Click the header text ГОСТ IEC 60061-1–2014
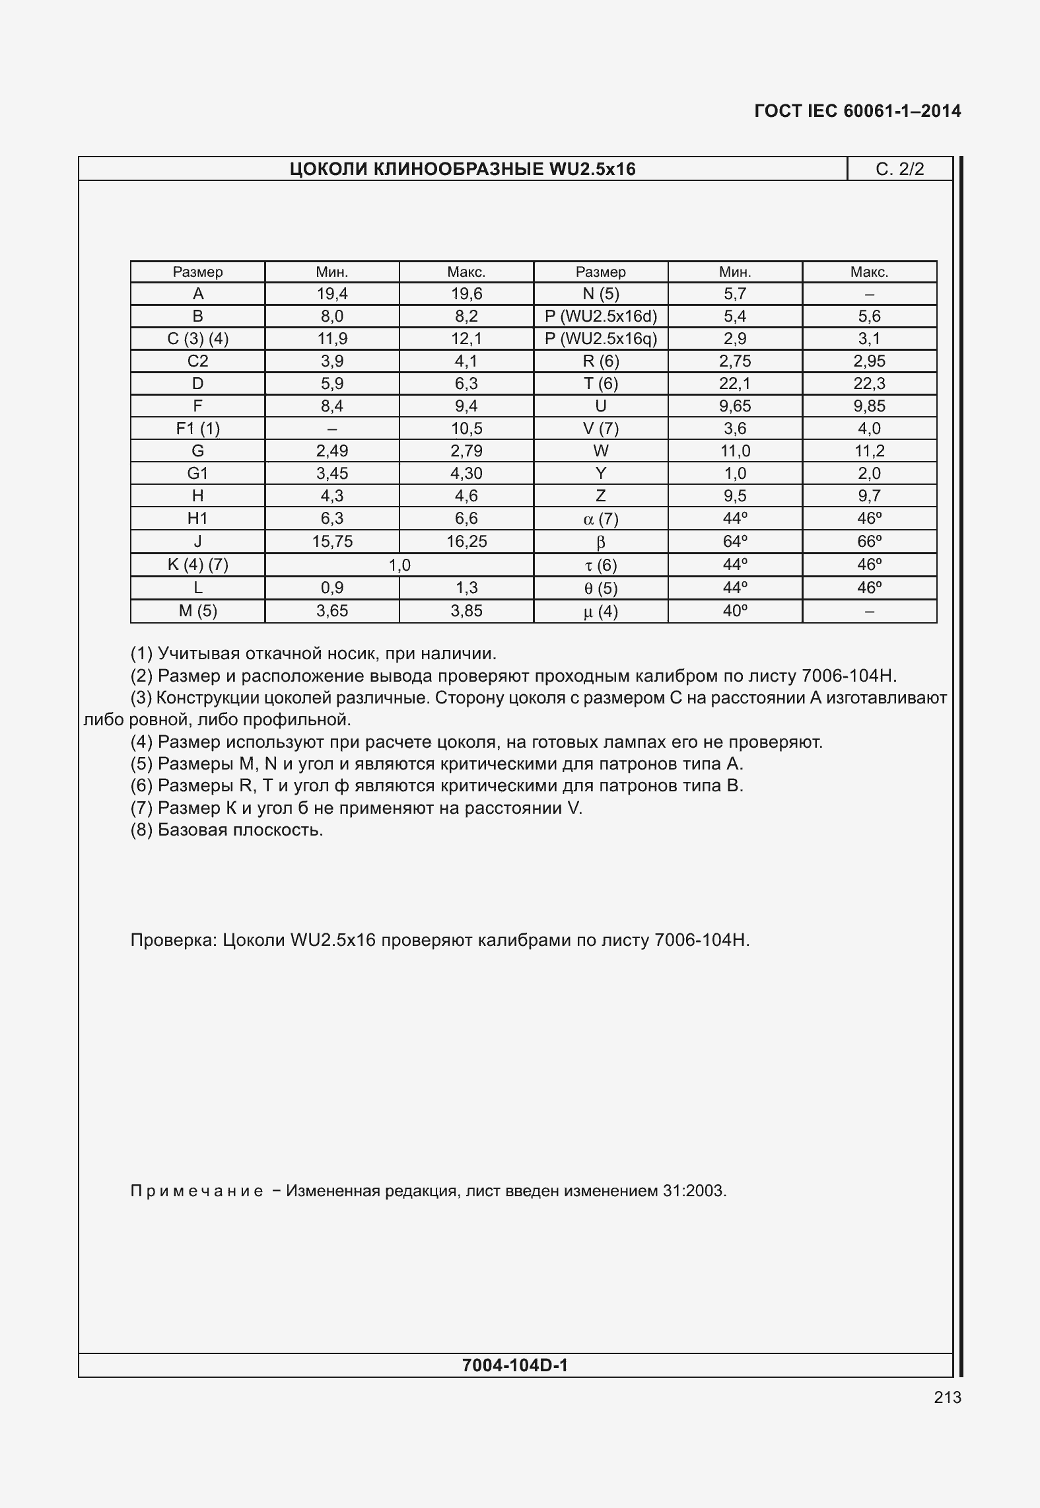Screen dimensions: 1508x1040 pyautogui.click(x=857, y=111)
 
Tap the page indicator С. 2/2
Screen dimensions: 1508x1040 pyautogui.click(x=899, y=169)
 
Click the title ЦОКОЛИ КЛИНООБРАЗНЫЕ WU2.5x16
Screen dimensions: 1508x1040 pyautogui.click(x=462, y=169)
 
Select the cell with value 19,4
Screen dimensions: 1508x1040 pyautogui.click(x=331, y=294)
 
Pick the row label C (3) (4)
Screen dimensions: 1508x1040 pyautogui.click(x=197, y=339)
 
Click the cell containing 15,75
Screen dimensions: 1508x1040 pyautogui.click(x=331, y=542)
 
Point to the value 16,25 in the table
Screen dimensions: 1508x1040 pyautogui.click(x=466, y=542)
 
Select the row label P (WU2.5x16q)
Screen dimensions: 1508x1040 pyautogui.click(x=600, y=339)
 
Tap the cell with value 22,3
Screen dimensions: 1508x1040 pyautogui.click(x=869, y=384)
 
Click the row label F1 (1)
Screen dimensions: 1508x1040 pyautogui.click(x=197, y=429)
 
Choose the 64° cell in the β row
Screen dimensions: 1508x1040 pyautogui.click(x=734, y=542)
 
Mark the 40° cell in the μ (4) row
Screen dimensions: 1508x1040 pyautogui.click(x=734, y=611)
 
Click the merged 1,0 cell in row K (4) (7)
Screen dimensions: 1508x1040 pyautogui.click(x=399, y=565)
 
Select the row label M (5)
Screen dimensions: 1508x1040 pyautogui.click(x=197, y=611)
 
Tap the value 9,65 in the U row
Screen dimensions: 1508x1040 pyautogui.click(x=734, y=406)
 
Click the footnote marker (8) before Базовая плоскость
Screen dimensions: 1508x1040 pyautogui.click(x=142, y=830)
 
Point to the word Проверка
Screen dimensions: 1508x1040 pyautogui.click(x=173, y=940)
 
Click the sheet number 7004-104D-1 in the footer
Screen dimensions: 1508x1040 pyautogui.click(x=515, y=1365)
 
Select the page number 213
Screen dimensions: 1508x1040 pyautogui.click(x=948, y=1397)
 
